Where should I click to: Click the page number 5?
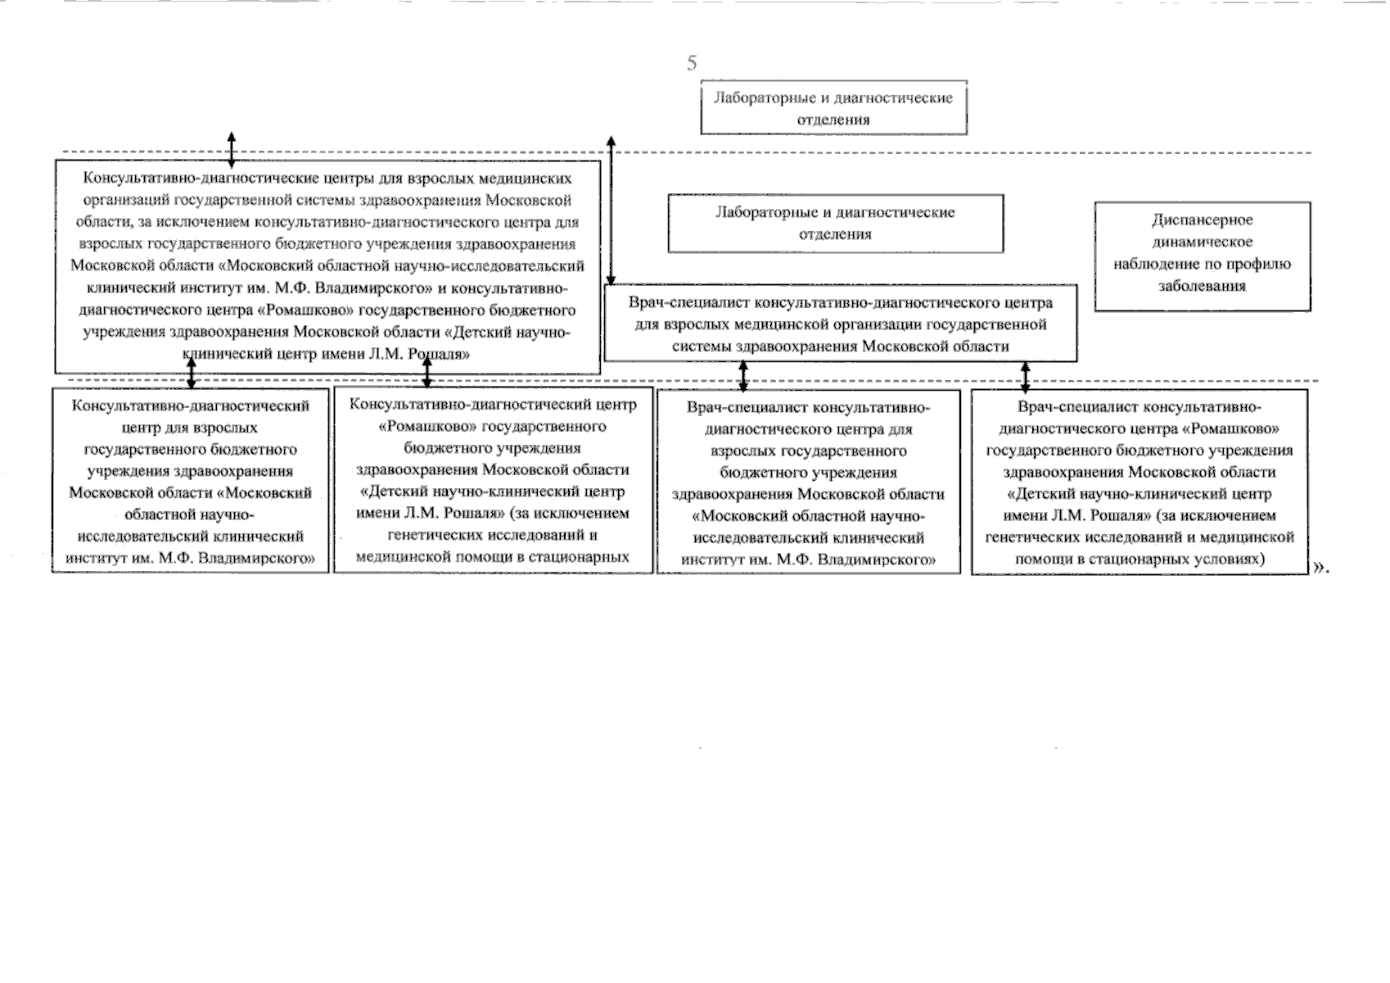692,63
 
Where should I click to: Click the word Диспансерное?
1202,220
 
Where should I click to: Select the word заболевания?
1202,287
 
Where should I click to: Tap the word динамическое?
1202,242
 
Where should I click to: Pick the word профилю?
1264,265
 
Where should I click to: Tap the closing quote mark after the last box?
1320,566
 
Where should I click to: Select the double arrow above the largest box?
231,148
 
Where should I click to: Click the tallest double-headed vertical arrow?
611,210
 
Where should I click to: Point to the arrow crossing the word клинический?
192,372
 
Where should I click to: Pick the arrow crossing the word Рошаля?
426,372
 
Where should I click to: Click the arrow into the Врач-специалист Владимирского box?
743,377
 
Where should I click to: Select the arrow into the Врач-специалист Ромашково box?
1025,377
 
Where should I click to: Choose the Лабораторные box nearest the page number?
833,108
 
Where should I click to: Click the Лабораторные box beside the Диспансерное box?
835,224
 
